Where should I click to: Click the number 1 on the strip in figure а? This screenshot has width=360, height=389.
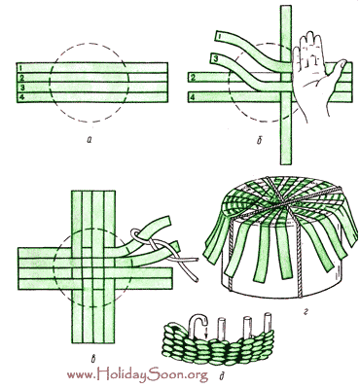20,68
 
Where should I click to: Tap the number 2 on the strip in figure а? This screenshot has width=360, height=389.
21,78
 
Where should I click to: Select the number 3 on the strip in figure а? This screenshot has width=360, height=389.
21,88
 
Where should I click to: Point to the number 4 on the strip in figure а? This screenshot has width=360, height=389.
21,97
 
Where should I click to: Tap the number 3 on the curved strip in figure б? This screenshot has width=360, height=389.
216,58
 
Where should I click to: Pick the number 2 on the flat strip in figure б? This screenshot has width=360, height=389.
193,78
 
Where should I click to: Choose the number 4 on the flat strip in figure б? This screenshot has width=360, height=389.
193,96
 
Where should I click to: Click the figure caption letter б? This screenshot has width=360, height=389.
259,141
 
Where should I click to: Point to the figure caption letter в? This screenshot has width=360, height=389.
93,359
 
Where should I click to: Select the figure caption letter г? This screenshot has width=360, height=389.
306,312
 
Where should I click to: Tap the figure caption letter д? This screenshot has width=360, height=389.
223,377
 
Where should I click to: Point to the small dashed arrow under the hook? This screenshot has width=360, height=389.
206,333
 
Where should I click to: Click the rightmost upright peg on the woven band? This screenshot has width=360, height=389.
268,323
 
